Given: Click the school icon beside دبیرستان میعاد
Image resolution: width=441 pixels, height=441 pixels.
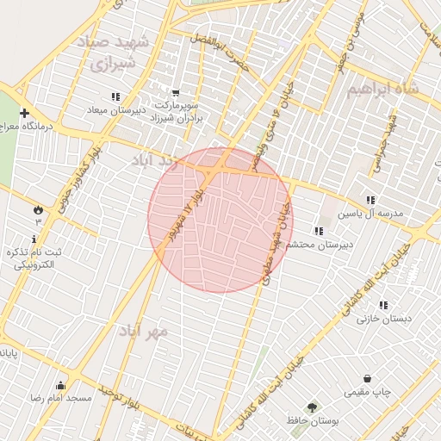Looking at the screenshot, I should pyautogui.click(x=115, y=97).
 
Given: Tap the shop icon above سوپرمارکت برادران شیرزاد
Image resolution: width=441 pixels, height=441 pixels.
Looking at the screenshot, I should pyautogui.click(x=177, y=93).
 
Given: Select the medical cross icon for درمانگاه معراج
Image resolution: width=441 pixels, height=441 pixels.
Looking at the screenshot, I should pyautogui.click(x=24, y=113).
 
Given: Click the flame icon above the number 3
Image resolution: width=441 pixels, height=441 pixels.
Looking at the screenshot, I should pyautogui.click(x=38, y=209).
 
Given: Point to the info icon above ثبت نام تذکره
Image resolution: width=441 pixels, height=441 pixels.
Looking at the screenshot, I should pyautogui.click(x=34, y=239).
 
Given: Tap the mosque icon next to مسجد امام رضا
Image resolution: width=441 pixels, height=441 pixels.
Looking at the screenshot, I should pyautogui.click(x=60, y=385).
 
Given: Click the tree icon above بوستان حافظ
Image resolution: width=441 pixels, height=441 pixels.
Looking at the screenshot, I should pyautogui.click(x=312, y=407).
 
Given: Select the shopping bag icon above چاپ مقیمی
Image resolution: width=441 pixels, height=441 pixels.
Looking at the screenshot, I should pyautogui.click(x=368, y=378).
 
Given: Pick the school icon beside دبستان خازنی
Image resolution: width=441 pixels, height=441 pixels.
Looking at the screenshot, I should pyautogui.click(x=383, y=305).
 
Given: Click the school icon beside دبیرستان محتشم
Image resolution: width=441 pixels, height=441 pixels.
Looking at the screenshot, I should pyautogui.click(x=319, y=231).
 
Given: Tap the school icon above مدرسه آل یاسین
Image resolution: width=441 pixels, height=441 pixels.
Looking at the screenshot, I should pyautogui.click(x=370, y=200).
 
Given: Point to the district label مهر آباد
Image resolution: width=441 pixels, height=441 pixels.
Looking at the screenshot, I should pyautogui.click(x=144, y=330).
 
